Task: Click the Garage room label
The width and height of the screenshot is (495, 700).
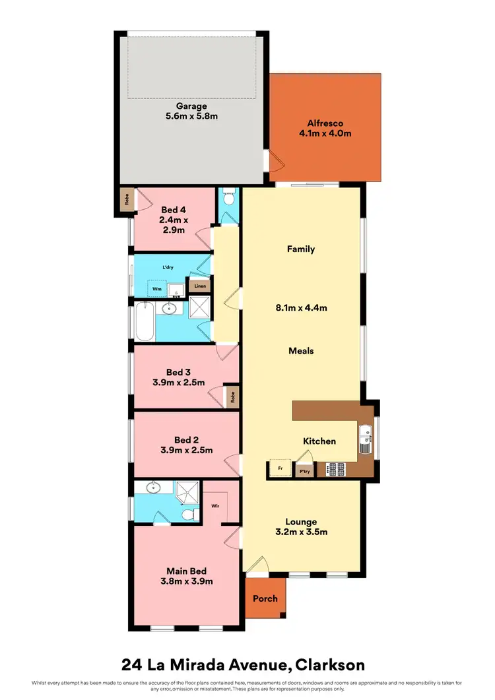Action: click(x=191, y=106)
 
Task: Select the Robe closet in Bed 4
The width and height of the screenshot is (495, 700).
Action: click(x=125, y=200)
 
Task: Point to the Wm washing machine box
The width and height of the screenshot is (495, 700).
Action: click(x=156, y=288)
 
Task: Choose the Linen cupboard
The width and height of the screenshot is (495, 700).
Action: click(x=199, y=286)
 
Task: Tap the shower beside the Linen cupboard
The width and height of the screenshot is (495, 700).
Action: click(x=199, y=308)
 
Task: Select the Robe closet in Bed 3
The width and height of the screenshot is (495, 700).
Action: click(x=231, y=396)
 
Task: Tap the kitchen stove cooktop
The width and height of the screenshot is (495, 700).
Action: click(x=335, y=469)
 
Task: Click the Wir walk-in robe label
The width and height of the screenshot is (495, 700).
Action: click(x=215, y=507)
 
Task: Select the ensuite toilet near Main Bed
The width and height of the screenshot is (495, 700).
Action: click(x=188, y=514)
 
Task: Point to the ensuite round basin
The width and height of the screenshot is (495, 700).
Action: click(x=152, y=489)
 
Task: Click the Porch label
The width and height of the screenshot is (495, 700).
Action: click(x=265, y=598)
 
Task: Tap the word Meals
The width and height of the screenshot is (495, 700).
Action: click(x=301, y=351)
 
